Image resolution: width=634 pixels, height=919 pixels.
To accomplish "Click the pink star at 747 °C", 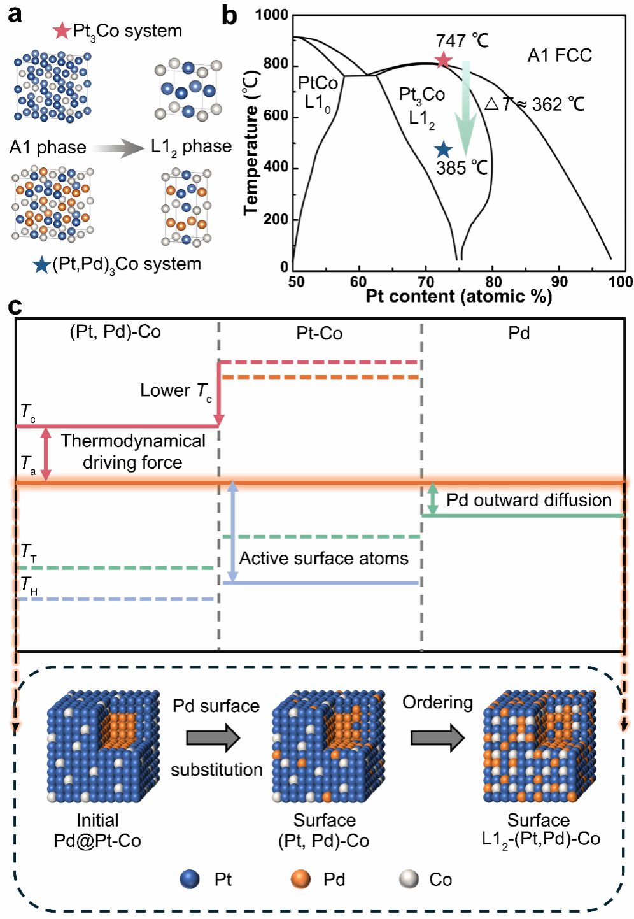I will click(x=443, y=61).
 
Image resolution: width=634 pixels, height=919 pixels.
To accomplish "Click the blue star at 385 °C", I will click(x=443, y=150).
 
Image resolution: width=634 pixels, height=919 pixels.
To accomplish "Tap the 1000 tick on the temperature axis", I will click(x=272, y=15).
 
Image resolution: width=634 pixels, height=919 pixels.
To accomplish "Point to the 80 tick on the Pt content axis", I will click(x=493, y=281).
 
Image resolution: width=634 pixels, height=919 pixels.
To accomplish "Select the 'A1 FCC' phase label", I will click(x=560, y=55).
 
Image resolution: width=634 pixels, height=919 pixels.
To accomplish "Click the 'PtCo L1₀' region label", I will click(x=318, y=92).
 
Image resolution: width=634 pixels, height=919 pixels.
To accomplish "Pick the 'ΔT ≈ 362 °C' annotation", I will click(x=535, y=104).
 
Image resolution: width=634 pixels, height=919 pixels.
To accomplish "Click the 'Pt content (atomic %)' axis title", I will click(x=458, y=296).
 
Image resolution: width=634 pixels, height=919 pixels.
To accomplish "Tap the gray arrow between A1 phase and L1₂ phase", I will click(x=118, y=148).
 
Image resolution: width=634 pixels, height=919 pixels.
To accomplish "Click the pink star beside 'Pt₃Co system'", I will click(x=62, y=31).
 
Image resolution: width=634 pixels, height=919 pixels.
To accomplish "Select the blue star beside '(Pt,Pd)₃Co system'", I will click(x=41, y=264).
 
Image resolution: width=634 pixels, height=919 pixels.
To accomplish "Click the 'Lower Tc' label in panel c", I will click(x=176, y=390).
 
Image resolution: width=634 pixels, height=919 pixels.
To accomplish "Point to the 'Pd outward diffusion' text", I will click(x=528, y=500).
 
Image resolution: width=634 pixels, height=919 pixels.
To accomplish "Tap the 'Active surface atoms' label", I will click(x=323, y=559).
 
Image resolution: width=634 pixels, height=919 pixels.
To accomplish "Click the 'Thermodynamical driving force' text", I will click(x=132, y=452).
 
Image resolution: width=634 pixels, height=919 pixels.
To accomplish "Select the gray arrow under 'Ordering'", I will click(x=437, y=737).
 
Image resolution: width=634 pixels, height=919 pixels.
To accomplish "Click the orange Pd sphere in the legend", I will click(x=300, y=879).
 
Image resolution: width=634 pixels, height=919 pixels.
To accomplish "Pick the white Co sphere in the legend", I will click(x=409, y=879).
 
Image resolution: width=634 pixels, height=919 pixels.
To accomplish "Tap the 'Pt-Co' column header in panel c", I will click(x=320, y=333).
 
